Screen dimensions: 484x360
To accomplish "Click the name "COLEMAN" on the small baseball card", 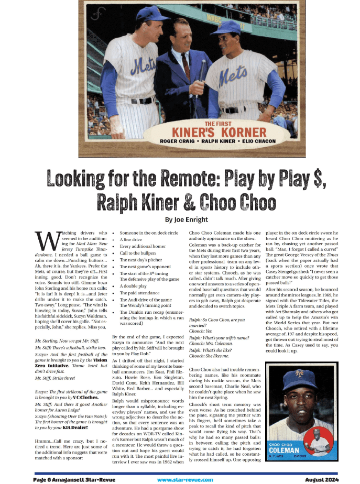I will point(285,450).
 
